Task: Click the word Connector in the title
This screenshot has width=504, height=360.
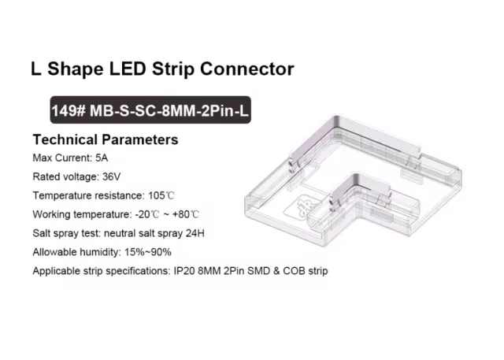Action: tap(246, 69)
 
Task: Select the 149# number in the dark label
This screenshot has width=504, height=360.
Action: tap(69, 111)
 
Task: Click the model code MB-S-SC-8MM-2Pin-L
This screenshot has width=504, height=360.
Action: tap(169, 111)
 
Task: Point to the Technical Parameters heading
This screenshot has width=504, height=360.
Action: tap(106, 139)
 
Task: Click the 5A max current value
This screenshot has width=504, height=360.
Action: tap(102, 158)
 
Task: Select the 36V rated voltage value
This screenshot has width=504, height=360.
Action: tap(111, 176)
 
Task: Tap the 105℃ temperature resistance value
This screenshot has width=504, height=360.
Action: tap(161, 195)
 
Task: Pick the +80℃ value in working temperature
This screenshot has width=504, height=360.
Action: tap(186, 214)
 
